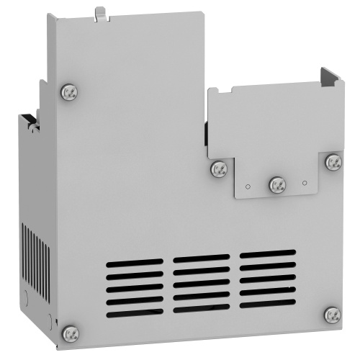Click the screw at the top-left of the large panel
(x=70, y=91)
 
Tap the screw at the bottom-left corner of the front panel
(x=69, y=332)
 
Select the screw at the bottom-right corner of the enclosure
(x=332, y=314)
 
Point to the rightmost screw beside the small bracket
(x=333, y=162)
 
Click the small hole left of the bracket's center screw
(x=247, y=186)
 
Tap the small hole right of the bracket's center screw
(x=305, y=184)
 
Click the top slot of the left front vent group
(x=134, y=264)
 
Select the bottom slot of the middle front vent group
(x=201, y=307)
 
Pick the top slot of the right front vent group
(x=267, y=253)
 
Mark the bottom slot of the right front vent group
(x=267, y=303)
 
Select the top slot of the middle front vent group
(x=201, y=258)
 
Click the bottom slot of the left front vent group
(x=134, y=312)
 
